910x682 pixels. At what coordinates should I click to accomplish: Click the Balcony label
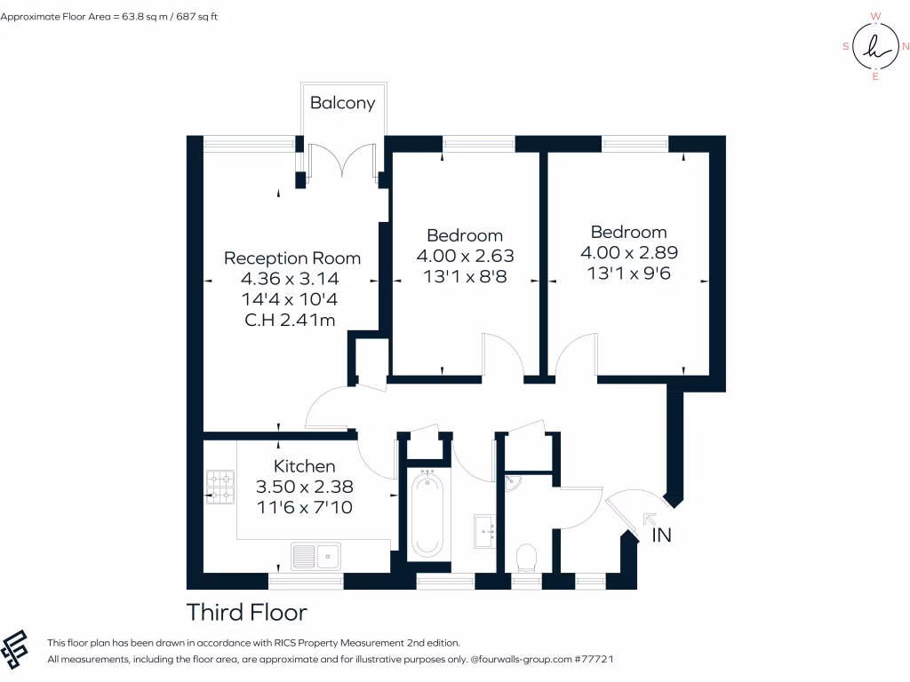tap(342, 103)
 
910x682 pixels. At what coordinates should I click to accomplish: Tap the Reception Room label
tap(292, 258)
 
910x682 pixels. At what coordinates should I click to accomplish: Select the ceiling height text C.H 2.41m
tap(290, 320)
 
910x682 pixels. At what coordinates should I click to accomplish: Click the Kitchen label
tap(304, 466)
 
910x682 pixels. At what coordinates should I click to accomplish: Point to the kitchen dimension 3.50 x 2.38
tap(304, 487)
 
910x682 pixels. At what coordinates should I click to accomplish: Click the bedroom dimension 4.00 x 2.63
tap(465, 256)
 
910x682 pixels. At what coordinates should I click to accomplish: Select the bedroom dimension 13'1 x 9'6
tap(628, 274)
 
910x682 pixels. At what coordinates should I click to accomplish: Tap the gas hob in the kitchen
tap(220, 488)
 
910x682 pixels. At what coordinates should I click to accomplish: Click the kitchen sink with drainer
tap(316, 557)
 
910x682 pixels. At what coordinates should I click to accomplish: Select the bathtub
tap(428, 512)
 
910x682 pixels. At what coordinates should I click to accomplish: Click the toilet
tap(527, 558)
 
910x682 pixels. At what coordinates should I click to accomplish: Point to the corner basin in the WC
tap(513, 483)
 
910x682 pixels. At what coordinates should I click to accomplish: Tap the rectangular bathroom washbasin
tap(486, 533)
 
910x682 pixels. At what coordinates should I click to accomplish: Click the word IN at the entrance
tap(662, 535)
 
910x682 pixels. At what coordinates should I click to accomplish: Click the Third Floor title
tap(246, 613)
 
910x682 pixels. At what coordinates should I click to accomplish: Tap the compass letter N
tap(905, 46)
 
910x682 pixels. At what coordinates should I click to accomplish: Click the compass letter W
tap(875, 16)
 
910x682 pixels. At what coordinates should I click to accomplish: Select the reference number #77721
tap(595, 660)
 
